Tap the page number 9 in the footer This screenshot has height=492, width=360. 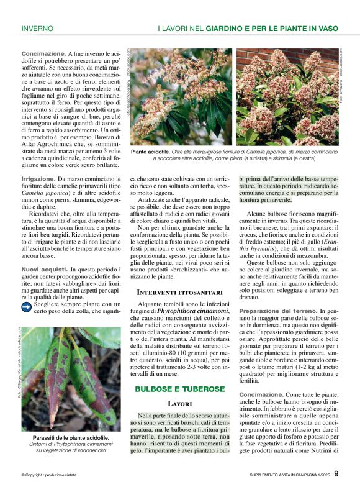(x=336, y=474)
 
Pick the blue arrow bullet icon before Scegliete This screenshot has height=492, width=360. (x=26, y=306)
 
